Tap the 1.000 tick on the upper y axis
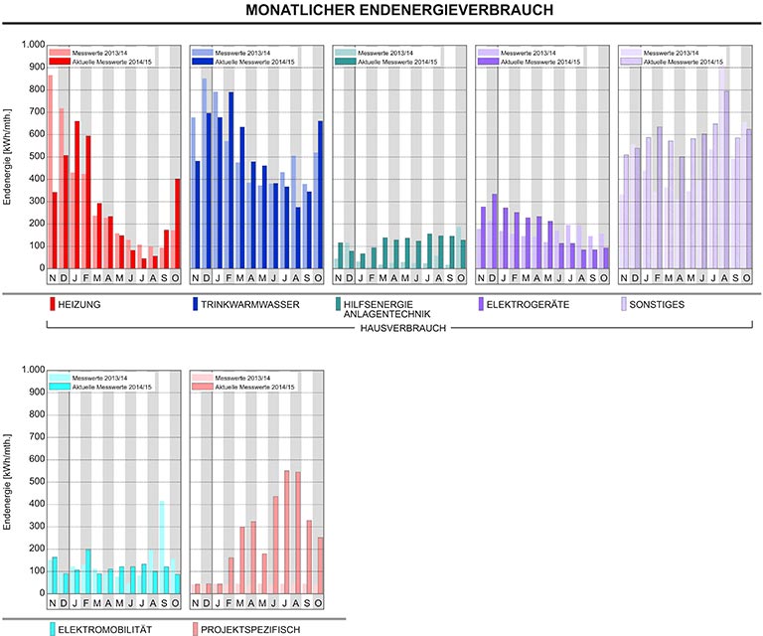click(32, 46)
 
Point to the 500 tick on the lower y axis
click(36, 482)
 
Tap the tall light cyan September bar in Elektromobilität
click(161, 547)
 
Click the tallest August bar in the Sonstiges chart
click(725, 179)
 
